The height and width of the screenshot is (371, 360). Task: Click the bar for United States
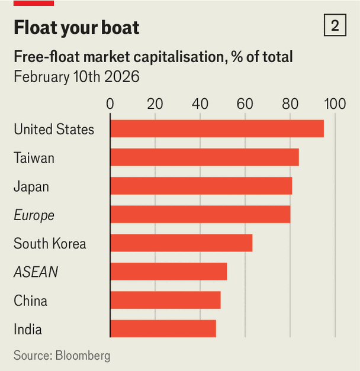point(217,128)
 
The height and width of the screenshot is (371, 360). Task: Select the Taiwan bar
point(204,157)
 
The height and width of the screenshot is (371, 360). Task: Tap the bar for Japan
point(201,186)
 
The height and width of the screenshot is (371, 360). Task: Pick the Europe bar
point(200,214)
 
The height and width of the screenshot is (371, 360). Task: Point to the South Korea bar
point(181,243)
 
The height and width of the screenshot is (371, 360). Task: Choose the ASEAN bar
point(169,272)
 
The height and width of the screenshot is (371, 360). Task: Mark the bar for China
point(165,300)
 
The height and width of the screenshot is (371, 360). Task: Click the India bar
point(163,328)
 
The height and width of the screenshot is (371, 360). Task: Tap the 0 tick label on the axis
point(110,104)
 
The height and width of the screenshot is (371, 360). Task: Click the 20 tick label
point(155,104)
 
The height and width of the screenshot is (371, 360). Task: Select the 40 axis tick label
point(200,104)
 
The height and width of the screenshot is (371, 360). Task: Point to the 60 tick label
point(245,104)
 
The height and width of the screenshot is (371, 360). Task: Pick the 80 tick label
point(290,104)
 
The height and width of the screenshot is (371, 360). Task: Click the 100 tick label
point(335,104)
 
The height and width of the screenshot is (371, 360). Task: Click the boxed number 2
point(335,26)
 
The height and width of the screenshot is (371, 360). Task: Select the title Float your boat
point(76,28)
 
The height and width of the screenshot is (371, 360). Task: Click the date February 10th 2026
point(76,77)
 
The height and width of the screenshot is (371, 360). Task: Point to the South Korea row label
point(50,244)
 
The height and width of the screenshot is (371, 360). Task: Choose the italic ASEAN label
point(36,272)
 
